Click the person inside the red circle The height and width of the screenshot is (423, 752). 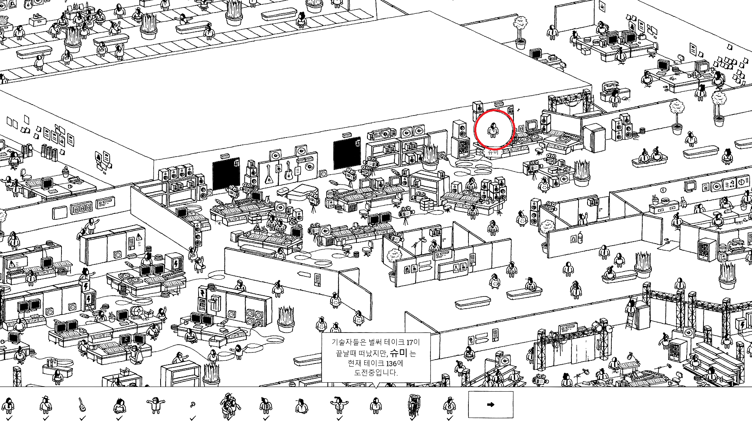(x=493, y=130)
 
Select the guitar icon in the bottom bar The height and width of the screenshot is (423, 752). (x=82, y=404)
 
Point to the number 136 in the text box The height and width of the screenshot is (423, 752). (x=391, y=363)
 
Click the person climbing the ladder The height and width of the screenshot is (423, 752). (x=630, y=309)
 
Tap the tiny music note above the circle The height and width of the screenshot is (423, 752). (x=519, y=110)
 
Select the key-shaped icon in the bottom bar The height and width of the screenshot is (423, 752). (x=192, y=405)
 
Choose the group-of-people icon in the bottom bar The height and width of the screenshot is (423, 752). (x=230, y=405)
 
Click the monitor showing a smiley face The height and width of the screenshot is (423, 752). (x=126, y=339)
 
